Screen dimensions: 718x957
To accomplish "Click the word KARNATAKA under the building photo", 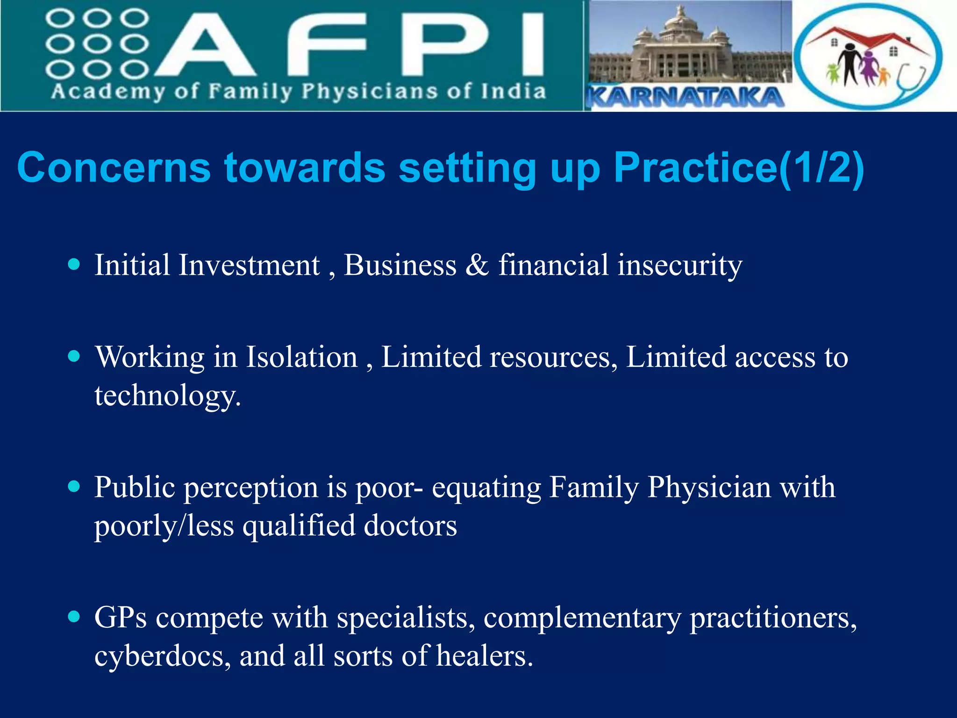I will coord(685,97).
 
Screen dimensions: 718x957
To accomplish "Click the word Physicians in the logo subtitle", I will coord(369,91).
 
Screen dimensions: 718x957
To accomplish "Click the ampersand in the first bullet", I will coord(477,265).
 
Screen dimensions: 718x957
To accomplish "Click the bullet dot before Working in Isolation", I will coord(74,357).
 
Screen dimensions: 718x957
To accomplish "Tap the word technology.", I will coord(167,395).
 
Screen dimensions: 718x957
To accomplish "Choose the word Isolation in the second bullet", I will coord(301,357).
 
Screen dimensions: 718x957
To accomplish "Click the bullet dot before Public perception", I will coord(74,487).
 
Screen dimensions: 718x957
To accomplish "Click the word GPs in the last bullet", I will coord(120,617).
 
